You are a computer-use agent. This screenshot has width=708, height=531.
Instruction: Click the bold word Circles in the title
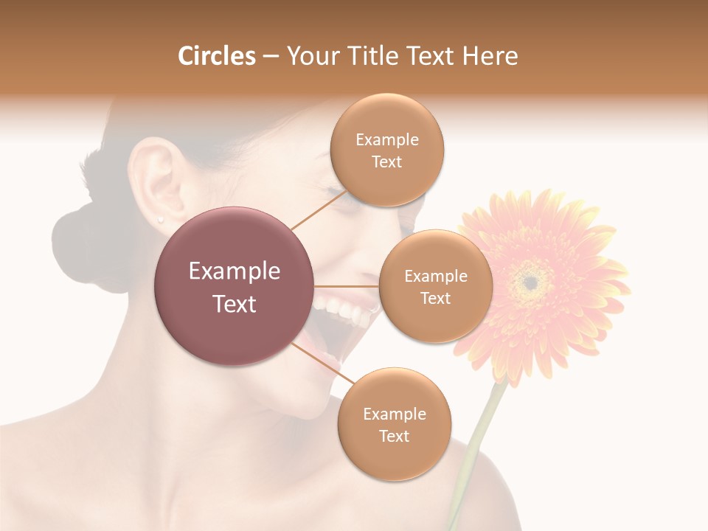tap(216, 56)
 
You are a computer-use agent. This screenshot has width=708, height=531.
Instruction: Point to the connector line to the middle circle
tap(347, 286)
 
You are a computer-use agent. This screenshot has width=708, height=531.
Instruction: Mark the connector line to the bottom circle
tap(323, 364)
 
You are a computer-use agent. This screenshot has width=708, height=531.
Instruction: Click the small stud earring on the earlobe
tap(160, 219)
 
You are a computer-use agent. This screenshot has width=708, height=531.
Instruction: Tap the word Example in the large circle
tap(235, 271)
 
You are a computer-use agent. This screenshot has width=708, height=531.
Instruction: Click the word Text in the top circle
tap(387, 162)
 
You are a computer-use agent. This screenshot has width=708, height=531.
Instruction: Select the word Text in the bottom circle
tap(394, 437)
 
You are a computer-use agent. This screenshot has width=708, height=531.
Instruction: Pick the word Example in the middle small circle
tap(436, 277)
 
